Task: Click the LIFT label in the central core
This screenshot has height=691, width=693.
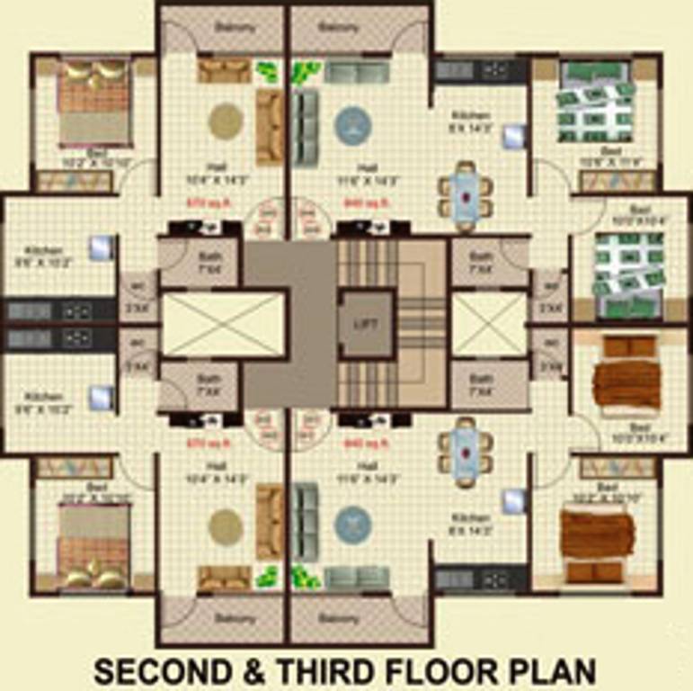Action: tap(366, 324)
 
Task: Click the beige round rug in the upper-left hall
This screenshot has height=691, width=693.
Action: tap(225, 120)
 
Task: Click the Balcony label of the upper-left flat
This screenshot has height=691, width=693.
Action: tap(234, 27)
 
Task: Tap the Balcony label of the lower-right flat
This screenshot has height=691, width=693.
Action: tap(339, 619)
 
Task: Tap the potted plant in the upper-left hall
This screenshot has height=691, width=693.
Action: tap(267, 71)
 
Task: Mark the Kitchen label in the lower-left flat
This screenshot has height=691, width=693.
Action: tap(42, 397)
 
